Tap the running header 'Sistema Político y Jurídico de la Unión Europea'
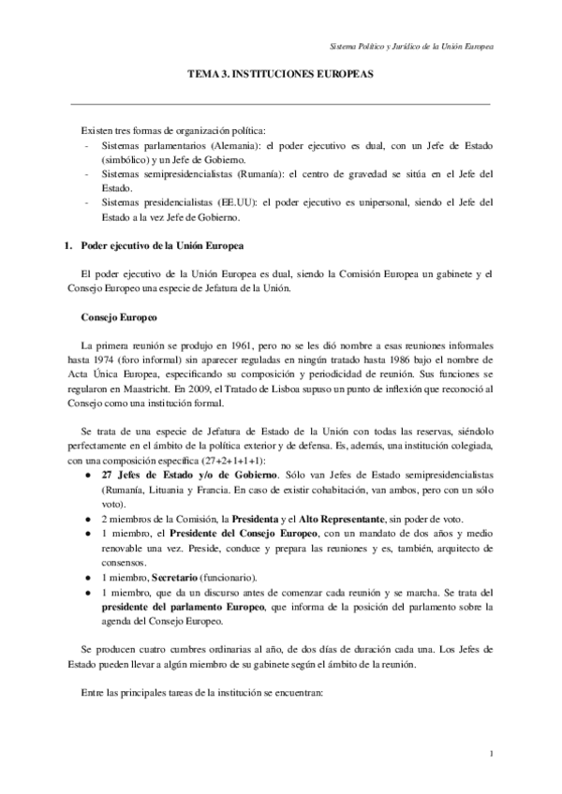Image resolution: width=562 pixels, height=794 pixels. point(413,46)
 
